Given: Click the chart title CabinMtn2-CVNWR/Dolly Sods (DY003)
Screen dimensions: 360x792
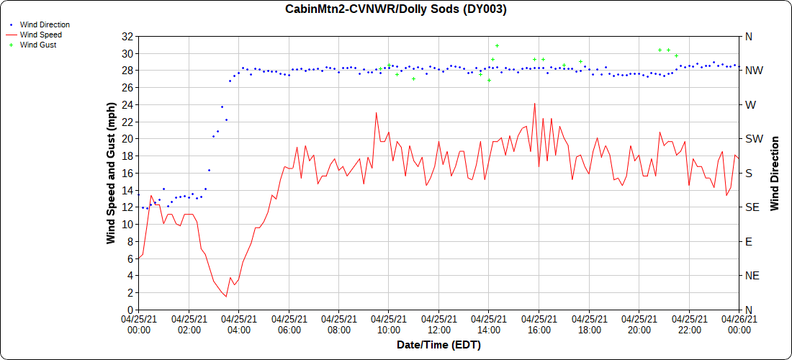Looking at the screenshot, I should (x=396, y=9).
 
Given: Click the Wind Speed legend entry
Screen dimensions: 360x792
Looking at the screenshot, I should (x=40, y=35).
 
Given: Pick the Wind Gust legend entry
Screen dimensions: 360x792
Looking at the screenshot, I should (x=38, y=45).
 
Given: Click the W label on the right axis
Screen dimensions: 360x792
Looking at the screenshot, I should (x=750, y=105).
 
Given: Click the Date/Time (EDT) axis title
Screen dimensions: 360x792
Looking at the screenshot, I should (x=438, y=346).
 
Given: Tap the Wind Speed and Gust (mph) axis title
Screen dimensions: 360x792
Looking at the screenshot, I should (x=111, y=173).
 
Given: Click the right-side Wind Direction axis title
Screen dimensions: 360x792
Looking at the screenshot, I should (x=775, y=173).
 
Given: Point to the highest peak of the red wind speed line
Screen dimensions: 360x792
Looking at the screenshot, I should (x=534, y=104).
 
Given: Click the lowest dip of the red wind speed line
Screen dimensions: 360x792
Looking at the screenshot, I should (x=226, y=297).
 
